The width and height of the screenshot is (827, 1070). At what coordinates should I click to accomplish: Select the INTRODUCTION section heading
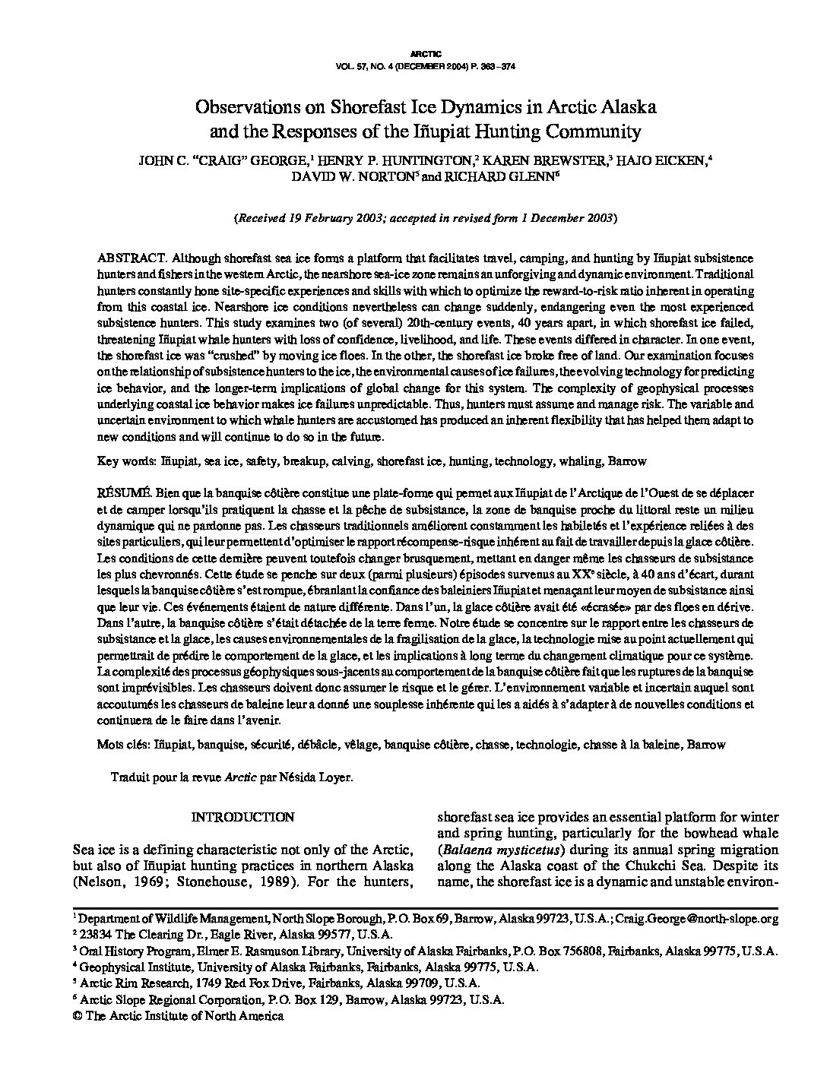pyautogui.click(x=242, y=817)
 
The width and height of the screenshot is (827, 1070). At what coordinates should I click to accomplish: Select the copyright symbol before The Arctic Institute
pyautogui.click(x=76, y=1016)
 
